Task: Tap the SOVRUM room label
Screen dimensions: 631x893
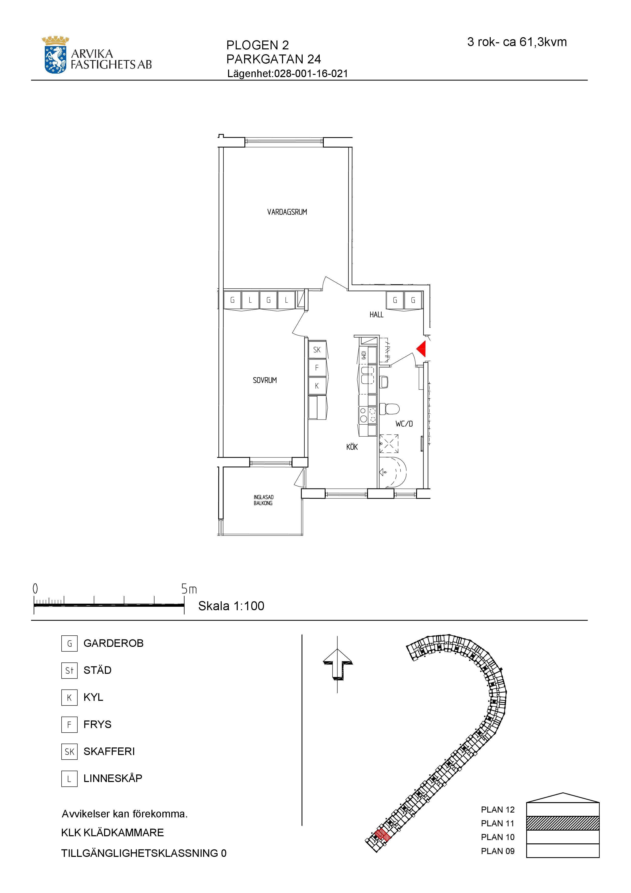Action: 265,380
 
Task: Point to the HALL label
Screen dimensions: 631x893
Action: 376,315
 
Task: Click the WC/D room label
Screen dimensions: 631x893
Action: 404,424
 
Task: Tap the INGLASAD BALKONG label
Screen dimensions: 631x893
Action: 263,500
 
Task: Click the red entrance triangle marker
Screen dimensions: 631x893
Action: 422,348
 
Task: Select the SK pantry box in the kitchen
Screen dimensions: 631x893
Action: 317,350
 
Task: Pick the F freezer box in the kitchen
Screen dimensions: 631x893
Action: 317,368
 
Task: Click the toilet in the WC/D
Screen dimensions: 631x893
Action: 389,409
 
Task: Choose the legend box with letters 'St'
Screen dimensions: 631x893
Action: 69,671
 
